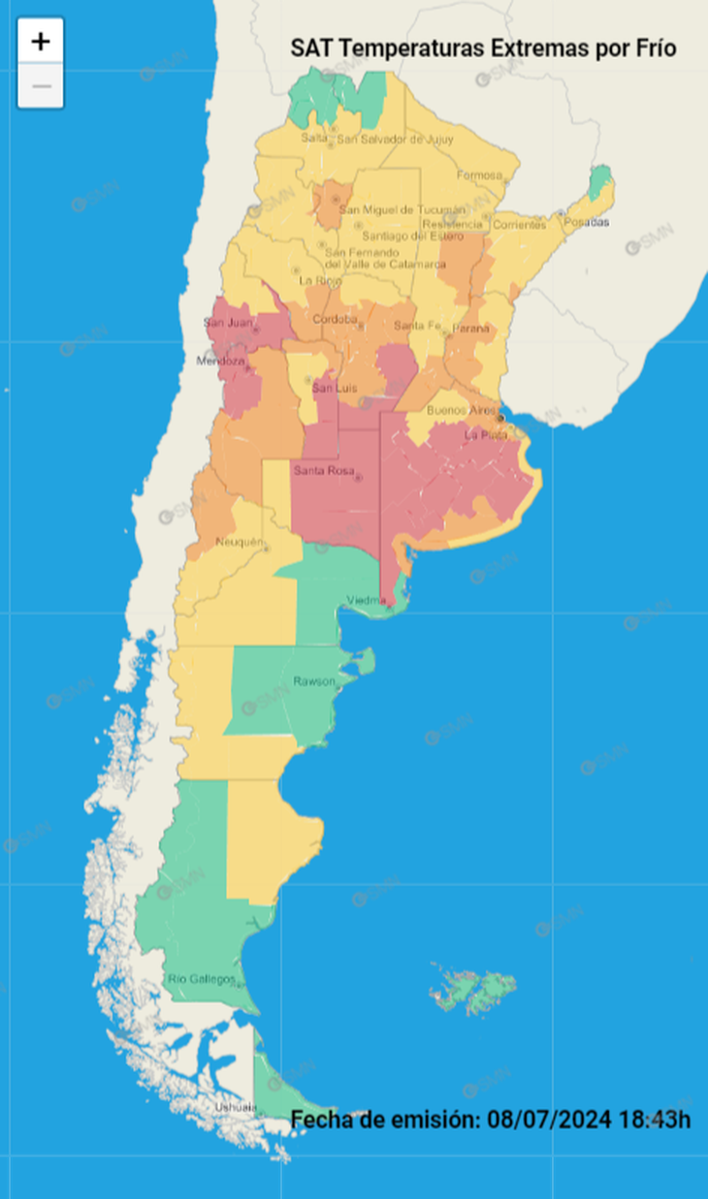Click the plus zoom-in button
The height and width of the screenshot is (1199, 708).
(x=41, y=42)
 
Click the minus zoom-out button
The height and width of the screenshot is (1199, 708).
(x=41, y=86)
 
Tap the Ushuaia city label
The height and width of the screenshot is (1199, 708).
(x=237, y=1107)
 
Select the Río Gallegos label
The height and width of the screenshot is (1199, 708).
(x=202, y=979)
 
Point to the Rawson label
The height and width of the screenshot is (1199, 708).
(x=313, y=681)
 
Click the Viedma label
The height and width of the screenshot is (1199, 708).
(x=366, y=600)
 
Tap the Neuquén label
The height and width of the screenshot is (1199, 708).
(x=239, y=542)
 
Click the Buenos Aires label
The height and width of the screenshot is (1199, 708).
(x=460, y=410)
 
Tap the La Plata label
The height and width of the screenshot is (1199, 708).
(x=486, y=435)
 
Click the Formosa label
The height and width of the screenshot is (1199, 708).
(x=479, y=175)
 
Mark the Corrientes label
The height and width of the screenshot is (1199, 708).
(x=520, y=224)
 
